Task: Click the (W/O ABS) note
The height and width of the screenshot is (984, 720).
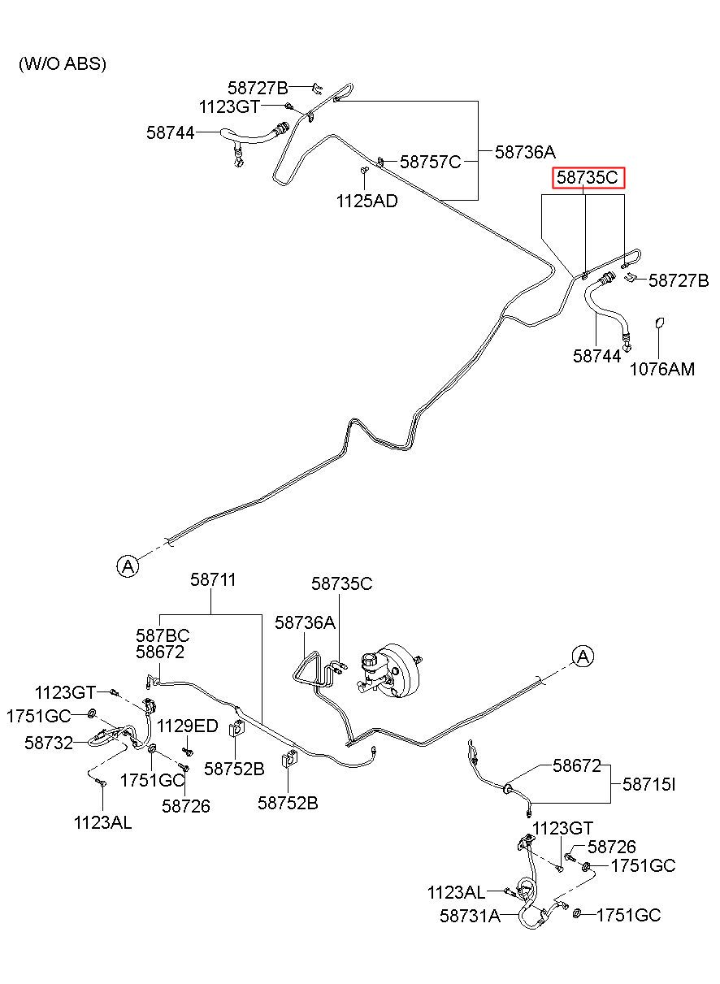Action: click(63, 64)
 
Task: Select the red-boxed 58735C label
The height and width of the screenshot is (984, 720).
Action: click(588, 177)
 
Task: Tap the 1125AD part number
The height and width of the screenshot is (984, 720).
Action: click(367, 202)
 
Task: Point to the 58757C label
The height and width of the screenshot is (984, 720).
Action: click(430, 162)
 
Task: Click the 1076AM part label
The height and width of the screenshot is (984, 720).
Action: click(662, 369)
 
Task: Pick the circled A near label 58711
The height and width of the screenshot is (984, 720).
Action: click(128, 566)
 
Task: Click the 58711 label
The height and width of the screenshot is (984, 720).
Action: click(213, 580)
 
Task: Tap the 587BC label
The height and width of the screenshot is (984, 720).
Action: click(163, 635)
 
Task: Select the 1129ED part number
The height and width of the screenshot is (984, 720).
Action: click(188, 726)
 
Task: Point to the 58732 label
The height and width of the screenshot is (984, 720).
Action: click(49, 743)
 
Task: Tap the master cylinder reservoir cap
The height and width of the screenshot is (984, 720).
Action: click(368, 659)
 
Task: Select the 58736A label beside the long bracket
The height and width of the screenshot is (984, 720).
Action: click(526, 152)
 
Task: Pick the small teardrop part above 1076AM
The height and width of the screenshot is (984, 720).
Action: click(659, 323)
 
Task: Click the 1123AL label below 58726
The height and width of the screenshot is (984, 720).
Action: click(102, 823)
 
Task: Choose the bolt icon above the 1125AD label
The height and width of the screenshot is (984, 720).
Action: click(364, 170)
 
